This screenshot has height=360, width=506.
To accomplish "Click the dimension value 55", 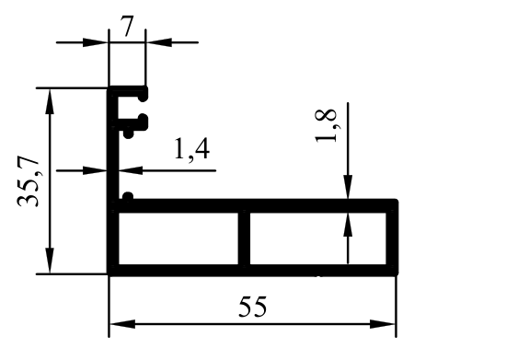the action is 253,307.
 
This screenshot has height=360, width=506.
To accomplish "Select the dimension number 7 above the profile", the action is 127,27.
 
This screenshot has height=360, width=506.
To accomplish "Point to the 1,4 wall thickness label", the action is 191,149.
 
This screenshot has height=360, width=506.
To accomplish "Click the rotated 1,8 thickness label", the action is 327,126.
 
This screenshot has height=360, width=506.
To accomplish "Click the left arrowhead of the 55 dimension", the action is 122,324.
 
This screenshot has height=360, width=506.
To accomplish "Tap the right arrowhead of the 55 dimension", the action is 383,324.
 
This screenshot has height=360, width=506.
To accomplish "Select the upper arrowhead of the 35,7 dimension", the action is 50,101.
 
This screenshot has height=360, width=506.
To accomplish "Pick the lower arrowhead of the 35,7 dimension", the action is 50,261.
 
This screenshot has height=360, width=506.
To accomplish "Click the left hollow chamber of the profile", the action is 178,238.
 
